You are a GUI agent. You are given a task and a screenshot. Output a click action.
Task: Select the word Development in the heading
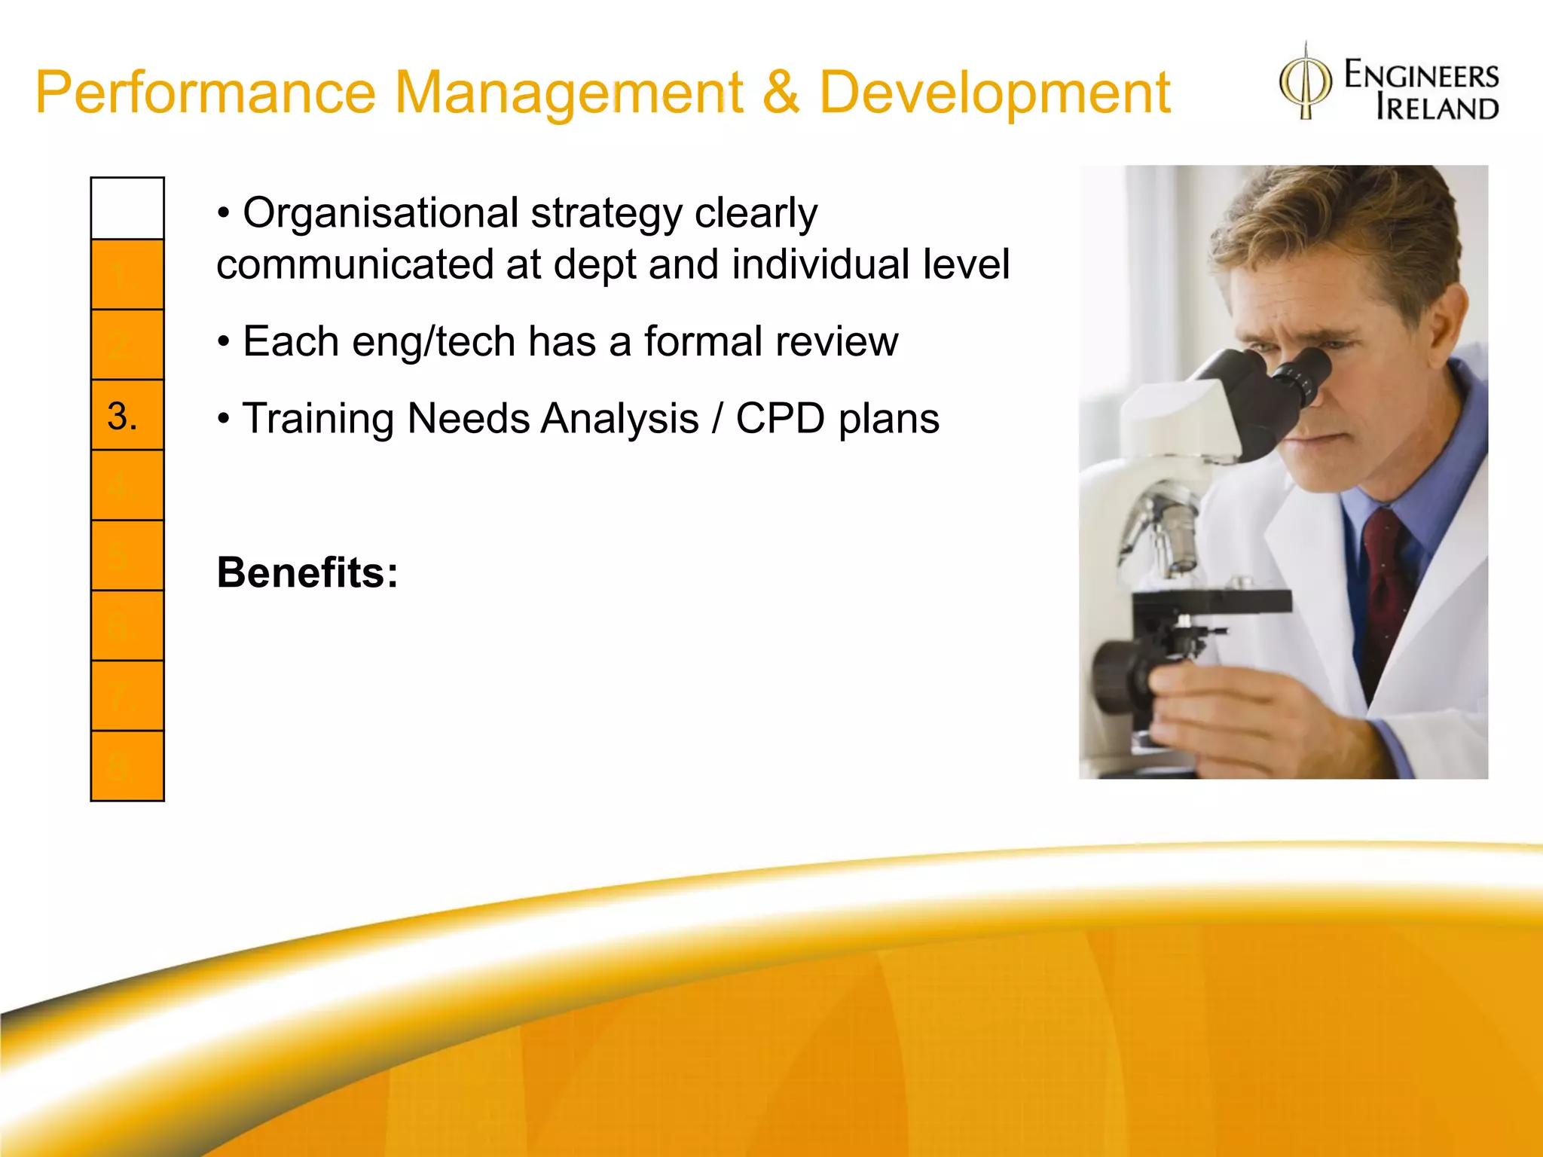995,93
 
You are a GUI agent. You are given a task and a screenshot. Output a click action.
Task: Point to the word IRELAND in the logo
1437,108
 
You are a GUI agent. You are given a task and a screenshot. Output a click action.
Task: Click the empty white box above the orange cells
127,209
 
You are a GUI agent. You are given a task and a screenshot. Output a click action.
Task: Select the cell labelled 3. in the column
127,415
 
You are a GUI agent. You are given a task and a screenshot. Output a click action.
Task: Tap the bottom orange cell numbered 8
127,766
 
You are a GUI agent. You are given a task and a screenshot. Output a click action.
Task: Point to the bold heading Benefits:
307,572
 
